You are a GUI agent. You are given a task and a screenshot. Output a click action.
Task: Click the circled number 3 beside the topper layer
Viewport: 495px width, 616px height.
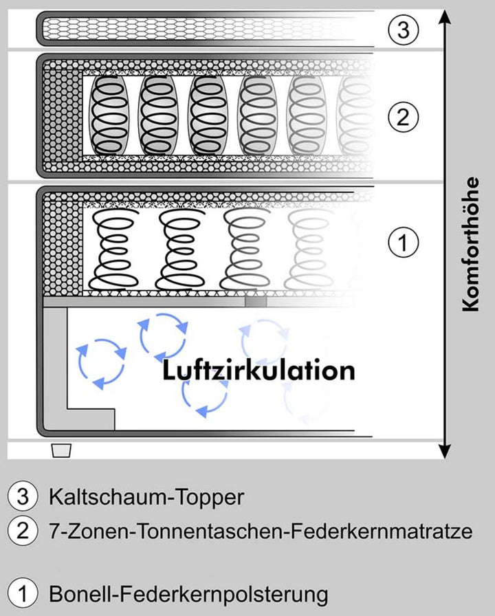[x=404, y=30]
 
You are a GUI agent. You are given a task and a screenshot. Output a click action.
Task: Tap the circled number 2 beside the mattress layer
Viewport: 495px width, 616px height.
[x=404, y=116]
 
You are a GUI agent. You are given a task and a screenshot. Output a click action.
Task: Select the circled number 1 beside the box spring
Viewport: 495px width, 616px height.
[x=404, y=242]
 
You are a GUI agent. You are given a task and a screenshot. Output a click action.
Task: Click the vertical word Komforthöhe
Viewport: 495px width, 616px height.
[x=470, y=254]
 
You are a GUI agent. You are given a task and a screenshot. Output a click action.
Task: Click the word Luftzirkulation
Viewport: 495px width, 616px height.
[x=258, y=371]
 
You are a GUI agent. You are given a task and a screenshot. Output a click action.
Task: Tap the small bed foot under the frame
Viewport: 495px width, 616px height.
[x=62, y=450]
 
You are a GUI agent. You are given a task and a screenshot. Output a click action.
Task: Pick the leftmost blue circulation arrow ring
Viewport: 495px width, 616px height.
[x=100, y=363]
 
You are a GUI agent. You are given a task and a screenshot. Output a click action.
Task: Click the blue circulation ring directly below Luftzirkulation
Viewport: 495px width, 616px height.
[x=204, y=396]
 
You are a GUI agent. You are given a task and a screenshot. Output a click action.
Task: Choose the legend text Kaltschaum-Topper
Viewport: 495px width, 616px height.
[x=146, y=497]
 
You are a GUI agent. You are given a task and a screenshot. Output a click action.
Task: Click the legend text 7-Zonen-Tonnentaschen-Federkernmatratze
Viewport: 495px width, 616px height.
[x=261, y=531]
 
